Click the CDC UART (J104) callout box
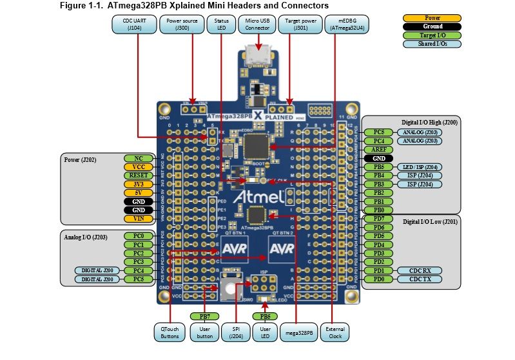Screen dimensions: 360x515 pyautogui.click(x=134, y=25)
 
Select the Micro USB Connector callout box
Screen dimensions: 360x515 pyautogui.click(x=257, y=25)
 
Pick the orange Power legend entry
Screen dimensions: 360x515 pyautogui.click(x=432, y=18)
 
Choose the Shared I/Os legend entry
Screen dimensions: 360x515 pyautogui.click(x=432, y=44)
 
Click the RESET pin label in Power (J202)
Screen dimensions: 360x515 pyautogui.click(x=139, y=175)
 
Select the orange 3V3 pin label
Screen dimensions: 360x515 pyautogui.click(x=139, y=184)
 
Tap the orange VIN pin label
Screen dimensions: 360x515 pyautogui.click(x=139, y=218)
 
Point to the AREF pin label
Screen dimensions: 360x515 pyautogui.click(x=378, y=149)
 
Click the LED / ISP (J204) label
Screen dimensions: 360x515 pyautogui.click(x=420, y=166)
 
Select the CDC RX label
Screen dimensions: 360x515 pyautogui.click(x=420, y=270)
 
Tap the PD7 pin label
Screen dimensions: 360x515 pyautogui.click(x=378, y=219)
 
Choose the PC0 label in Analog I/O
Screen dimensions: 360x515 pyautogui.click(x=139, y=236)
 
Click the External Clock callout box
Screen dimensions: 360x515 pyautogui.click(x=335, y=332)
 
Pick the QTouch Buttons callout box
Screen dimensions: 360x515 pyautogui.click(x=170, y=332)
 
